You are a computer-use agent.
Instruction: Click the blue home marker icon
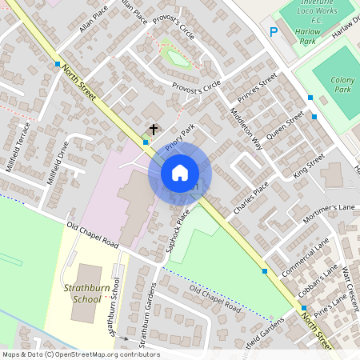coord(180,173)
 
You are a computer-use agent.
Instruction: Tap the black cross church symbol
coord(153,129)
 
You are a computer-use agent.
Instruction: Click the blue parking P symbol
coord(274,32)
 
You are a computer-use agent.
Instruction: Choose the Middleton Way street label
coord(246,128)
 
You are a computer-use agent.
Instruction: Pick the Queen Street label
coord(285,126)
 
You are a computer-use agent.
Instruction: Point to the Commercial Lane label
coord(311,258)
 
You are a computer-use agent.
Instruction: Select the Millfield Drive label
coord(57,162)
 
